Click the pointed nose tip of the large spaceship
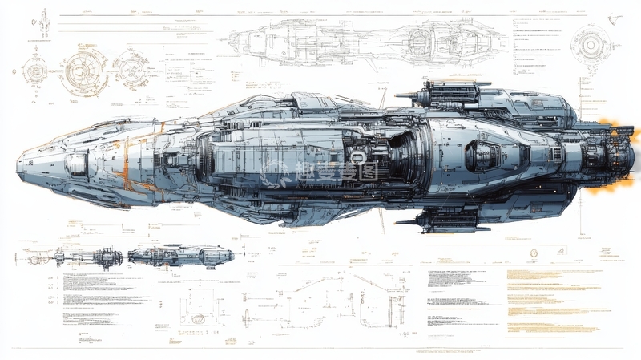coord(18,165)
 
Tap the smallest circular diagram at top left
coord(36,71)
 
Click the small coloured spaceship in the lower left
coord(180,257)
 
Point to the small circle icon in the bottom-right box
coord(534,253)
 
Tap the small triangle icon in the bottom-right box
coord(561,253)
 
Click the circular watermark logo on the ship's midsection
coord(276,172)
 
